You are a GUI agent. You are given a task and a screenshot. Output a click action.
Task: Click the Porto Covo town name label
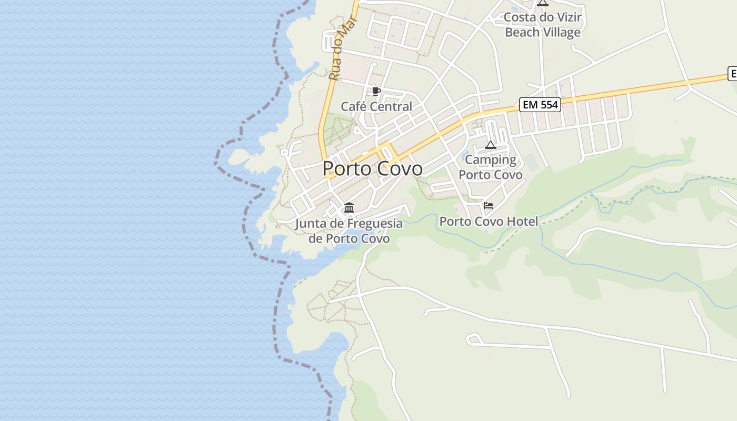click(x=372, y=168)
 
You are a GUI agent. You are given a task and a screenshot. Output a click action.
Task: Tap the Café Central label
click(x=376, y=107)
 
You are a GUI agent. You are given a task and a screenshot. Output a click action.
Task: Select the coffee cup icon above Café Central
click(x=376, y=91)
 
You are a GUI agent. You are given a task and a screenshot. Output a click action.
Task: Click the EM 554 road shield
click(x=540, y=105)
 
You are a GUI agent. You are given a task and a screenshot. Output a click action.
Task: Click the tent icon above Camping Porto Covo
click(x=491, y=145)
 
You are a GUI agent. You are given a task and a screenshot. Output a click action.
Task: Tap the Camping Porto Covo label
click(x=491, y=167)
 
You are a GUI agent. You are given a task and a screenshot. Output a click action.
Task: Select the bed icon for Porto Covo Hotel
click(x=489, y=206)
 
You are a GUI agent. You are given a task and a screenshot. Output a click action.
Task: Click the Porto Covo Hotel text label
click(x=489, y=222)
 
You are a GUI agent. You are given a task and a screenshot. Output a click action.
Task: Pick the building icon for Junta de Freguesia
click(x=348, y=207)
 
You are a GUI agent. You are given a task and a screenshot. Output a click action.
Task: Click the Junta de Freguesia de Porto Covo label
click(x=348, y=231)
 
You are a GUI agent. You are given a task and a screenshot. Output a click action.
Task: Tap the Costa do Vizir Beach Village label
click(x=543, y=25)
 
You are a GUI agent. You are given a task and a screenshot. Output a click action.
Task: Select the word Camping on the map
click(x=491, y=159)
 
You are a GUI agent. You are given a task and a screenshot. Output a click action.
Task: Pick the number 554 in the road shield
click(x=548, y=105)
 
